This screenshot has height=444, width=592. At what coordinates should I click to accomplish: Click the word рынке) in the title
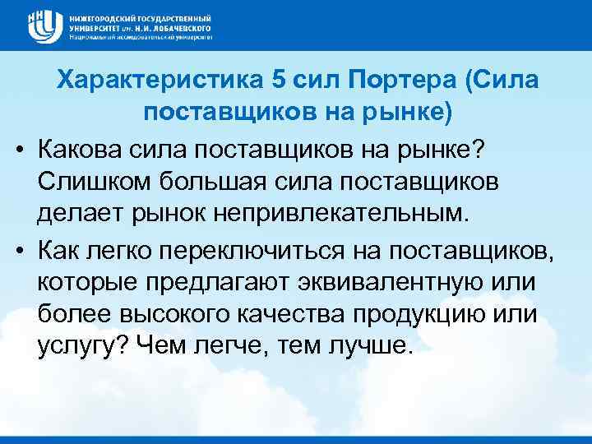coord(409,113)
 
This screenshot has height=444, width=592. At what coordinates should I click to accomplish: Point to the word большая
coord(197,181)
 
